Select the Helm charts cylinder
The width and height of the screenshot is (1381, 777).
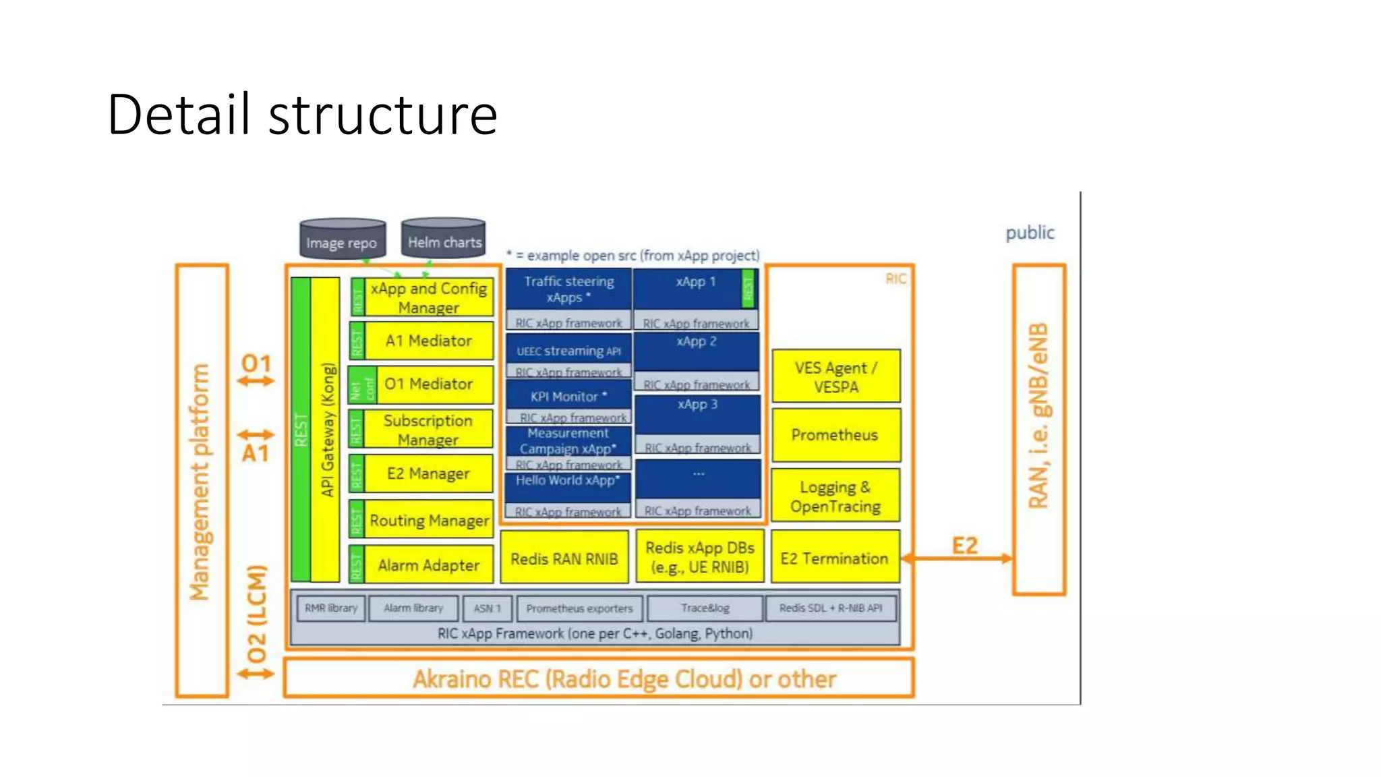click(444, 239)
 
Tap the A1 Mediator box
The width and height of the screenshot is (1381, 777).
click(428, 341)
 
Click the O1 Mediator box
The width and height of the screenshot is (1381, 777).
click(428, 384)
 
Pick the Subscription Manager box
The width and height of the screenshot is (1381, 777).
click(428, 430)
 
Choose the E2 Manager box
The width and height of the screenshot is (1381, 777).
click(428, 473)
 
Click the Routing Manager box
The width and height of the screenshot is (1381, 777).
click(429, 520)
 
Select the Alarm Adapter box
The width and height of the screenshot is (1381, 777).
click(428, 565)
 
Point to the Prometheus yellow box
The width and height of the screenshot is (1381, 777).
click(835, 435)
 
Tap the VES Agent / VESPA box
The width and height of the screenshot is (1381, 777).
click(835, 377)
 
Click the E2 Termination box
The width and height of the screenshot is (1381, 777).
click(835, 558)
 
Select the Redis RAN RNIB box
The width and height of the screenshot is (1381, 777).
click(564, 558)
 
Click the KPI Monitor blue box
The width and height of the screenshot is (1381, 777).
click(568, 395)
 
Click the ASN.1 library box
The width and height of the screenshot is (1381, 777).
click(488, 608)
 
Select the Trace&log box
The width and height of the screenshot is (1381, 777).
click(705, 608)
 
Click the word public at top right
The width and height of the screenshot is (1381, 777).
click(1029, 233)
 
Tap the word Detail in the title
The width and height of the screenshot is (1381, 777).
click(183, 115)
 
